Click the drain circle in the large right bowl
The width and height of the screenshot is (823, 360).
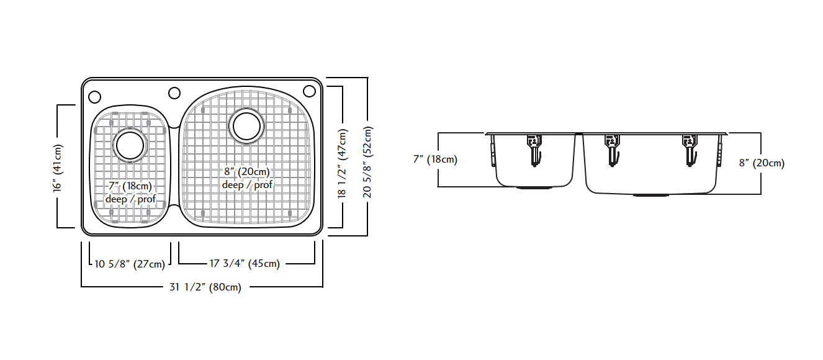pyautogui.click(x=246, y=126)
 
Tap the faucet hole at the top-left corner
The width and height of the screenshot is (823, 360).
pyautogui.click(x=94, y=97)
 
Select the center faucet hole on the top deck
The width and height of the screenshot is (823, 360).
pyautogui.click(x=174, y=93)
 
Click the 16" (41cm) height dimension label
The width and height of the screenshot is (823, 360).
pyautogui.click(x=58, y=166)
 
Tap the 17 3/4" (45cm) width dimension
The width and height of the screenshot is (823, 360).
pyautogui.click(x=245, y=264)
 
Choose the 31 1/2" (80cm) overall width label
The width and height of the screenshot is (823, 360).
pyautogui.click(x=205, y=287)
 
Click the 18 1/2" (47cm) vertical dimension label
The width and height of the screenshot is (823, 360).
pyautogui.click(x=343, y=163)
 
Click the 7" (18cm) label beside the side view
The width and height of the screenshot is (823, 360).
pyautogui.click(x=435, y=160)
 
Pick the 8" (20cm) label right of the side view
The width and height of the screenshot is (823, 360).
pyautogui.click(x=762, y=163)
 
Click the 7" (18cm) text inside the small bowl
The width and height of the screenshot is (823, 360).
pyautogui.click(x=130, y=186)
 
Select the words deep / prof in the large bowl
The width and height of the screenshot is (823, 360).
pyautogui.click(x=247, y=185)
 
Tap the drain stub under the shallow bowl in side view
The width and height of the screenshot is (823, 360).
pyautogui.click(x=534, y=187)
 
